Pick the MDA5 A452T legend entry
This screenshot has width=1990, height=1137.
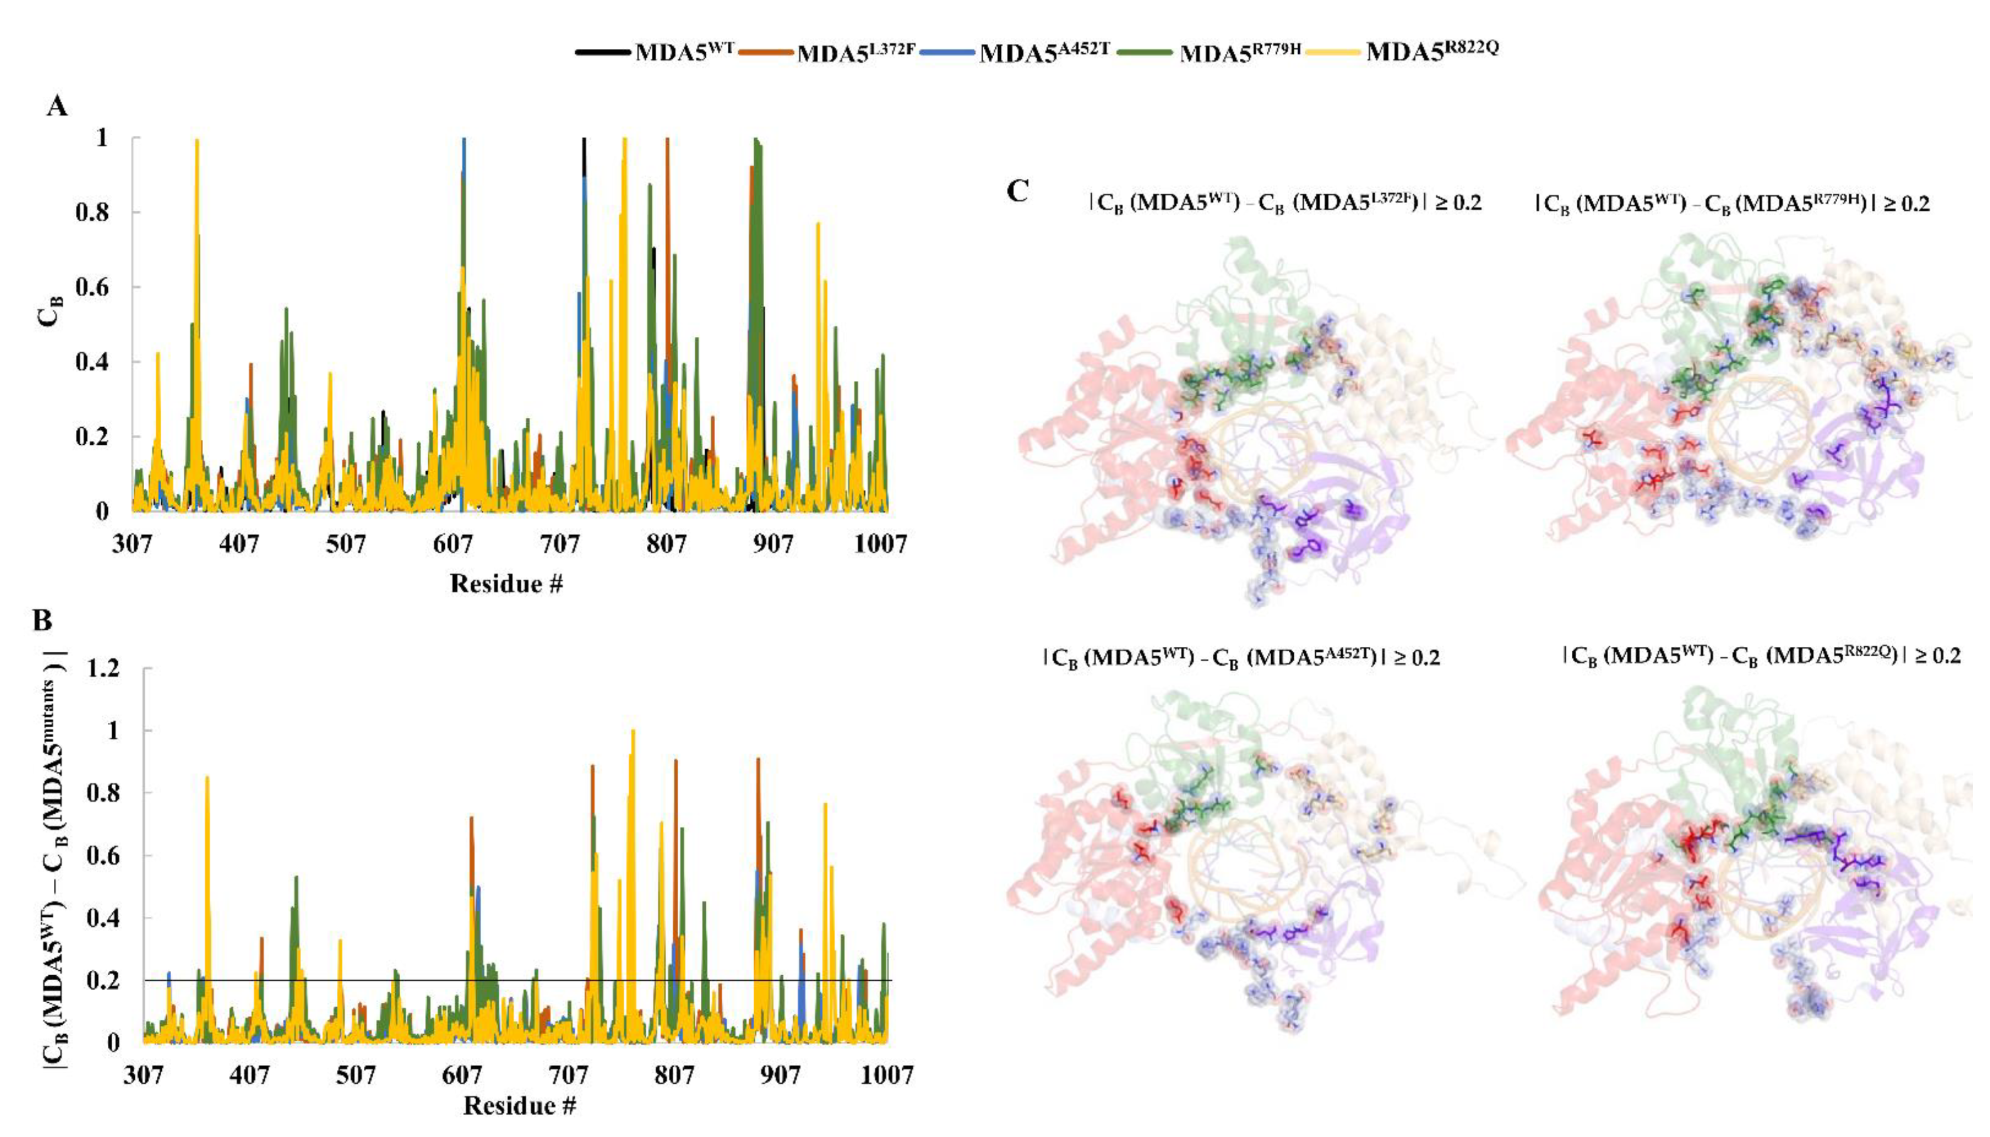(1043, 53)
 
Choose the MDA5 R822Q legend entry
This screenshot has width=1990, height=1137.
(1432, 51)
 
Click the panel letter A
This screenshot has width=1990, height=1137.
(57, 105)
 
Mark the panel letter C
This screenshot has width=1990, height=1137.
(1017, 191)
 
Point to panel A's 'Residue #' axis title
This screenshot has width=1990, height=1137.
(506, 583)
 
